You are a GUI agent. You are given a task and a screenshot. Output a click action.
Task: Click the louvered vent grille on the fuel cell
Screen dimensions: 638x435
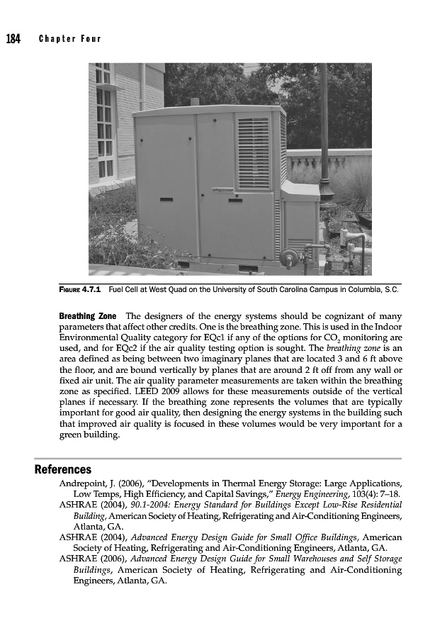pyautogui.click(x=254, y=153)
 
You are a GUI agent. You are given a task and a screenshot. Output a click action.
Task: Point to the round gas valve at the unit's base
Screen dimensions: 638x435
pyautogui.click(x=288, y=257)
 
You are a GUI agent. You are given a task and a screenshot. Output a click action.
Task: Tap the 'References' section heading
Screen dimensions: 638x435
pyautogui.click(x=63, y=469)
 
